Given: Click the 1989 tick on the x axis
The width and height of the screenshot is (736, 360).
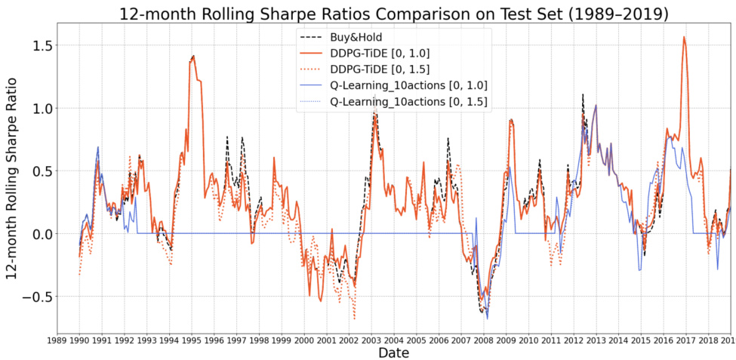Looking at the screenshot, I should click(x=57, y=340).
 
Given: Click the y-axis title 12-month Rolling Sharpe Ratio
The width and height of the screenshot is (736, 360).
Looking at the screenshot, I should click(x=12, y=172).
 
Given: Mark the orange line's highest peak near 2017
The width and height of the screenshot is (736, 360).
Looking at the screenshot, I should click(x=684, y=37).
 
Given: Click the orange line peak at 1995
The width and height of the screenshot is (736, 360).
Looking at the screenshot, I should click(x=193, y=56).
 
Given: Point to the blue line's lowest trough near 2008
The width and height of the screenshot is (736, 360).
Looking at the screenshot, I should click(x=488, y=318).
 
